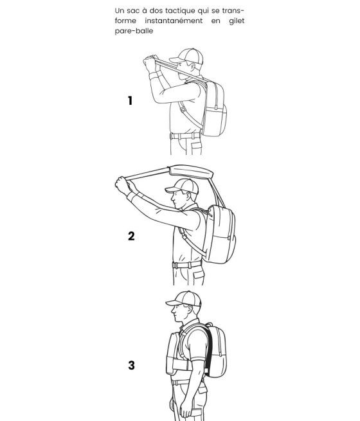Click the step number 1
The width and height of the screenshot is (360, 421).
click(130, 101)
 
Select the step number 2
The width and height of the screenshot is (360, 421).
click(131, 236)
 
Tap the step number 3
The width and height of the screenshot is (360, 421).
click(131, 366)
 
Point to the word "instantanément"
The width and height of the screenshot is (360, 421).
click(174, 21)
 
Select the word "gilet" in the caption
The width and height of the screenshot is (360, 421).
click(237, 21)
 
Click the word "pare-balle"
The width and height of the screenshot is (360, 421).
click(134, 31)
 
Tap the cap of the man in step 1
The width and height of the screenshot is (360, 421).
click(186, 56)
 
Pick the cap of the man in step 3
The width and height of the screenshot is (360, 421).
click(184, 299)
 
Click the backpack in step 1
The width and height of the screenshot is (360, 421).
click(215, 109)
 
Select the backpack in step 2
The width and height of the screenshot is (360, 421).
click(220, 234)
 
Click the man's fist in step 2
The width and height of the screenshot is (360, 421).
click(123, 185)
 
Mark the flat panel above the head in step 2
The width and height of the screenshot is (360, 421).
click(190, 172)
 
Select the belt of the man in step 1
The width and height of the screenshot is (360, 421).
click(185, 136)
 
